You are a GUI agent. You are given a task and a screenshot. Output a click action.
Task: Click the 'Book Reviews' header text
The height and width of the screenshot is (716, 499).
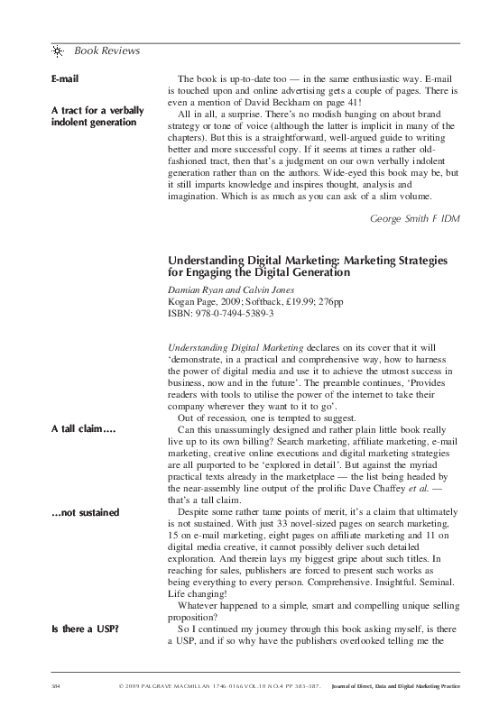point(106,50)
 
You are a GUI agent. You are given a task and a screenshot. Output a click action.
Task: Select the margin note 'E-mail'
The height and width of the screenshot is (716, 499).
point(65,80)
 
